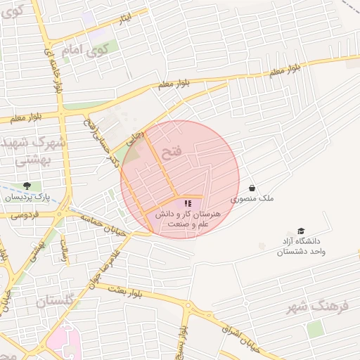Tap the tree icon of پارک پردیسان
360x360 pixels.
[27, 186]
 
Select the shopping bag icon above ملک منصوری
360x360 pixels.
[252, 188]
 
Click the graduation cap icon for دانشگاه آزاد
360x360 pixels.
[301, 231]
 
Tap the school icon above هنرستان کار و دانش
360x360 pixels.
[188, 203]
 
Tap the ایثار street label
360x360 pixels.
[124, 18]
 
